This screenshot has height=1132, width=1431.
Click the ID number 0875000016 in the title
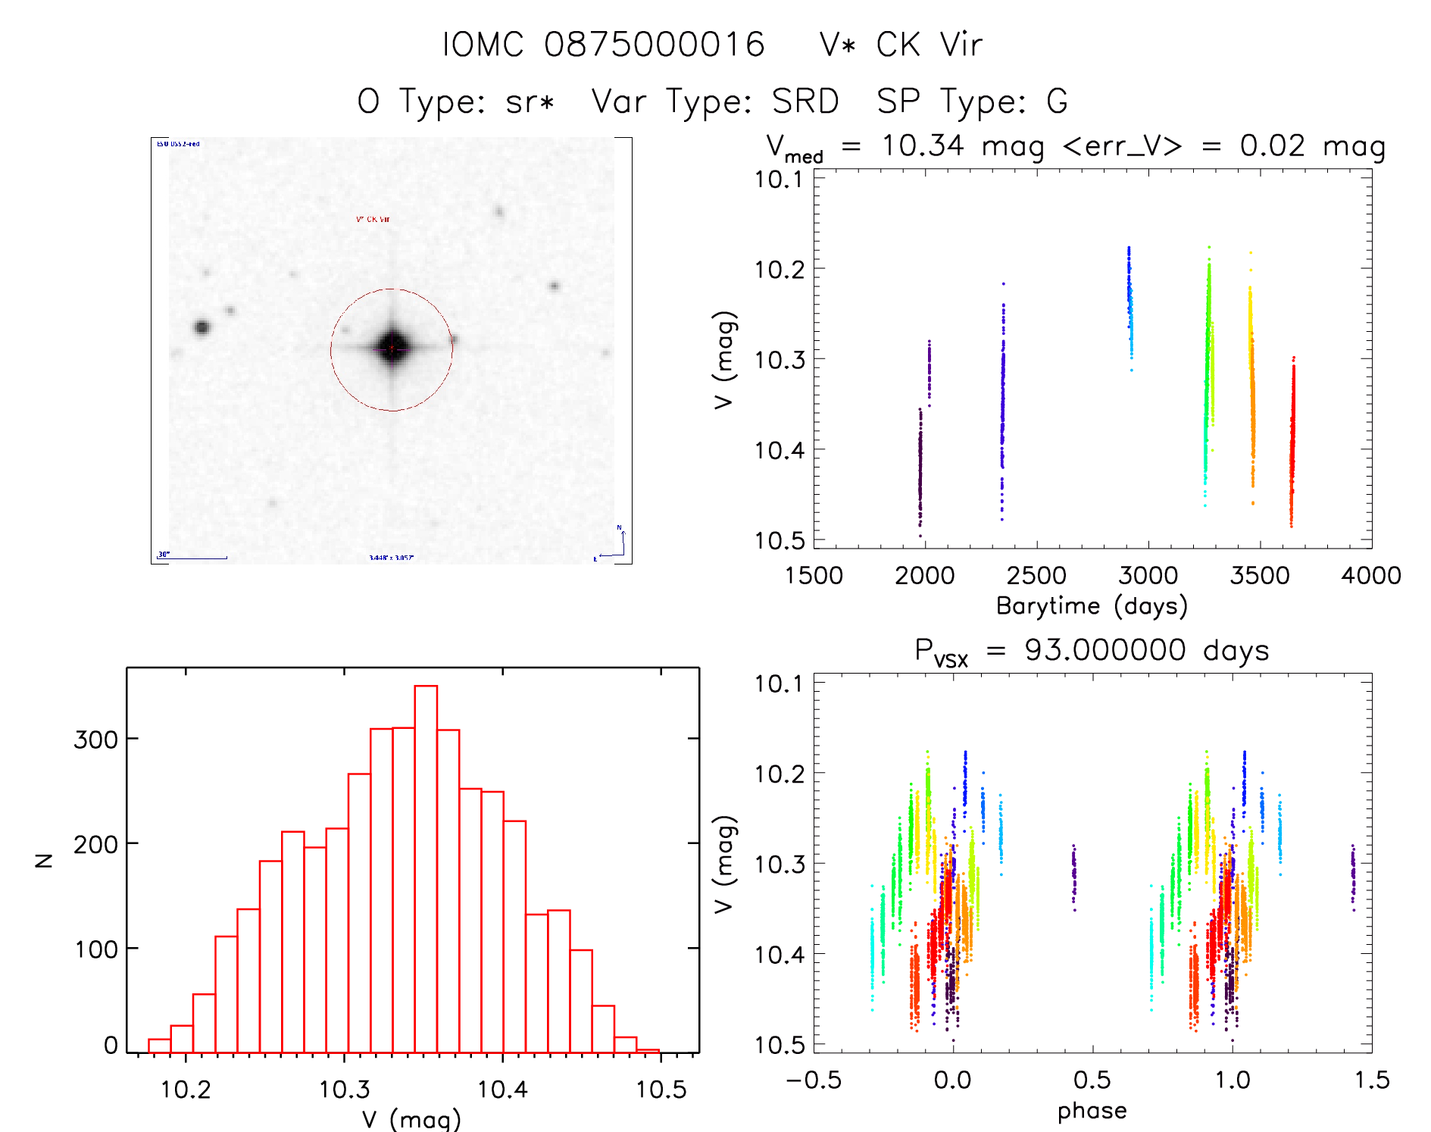pyautogui.click(x=655, y=45)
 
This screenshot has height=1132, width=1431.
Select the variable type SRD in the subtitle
pyautogui.click(x=805, y=102)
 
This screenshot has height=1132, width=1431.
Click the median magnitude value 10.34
pyautogui.click(x=923, y=145)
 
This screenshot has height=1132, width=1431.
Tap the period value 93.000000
pyautogui.click(x=1105, y=650)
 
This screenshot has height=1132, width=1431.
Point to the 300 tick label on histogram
pyautogui.click(x=95, y=740)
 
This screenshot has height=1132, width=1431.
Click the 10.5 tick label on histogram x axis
pyautogui.click(x=661, y=1090)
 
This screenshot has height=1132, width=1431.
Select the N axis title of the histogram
pyautogui.click(x=45, y=860)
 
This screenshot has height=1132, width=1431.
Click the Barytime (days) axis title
pyautogui.click(x=1092, y=606)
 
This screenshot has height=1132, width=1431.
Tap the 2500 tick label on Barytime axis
pyautogui.click(x=1036, y=576)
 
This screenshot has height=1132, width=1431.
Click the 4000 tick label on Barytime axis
pyautogui.click(x=1370, y=576)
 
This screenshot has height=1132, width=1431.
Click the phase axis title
pyautogui.click(x=1092, y=1111)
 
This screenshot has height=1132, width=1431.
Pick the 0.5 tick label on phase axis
pyautogui.click(x=1092, y=1080)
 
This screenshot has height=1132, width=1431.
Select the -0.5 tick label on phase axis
pyautogui.click(x=814, y=1080)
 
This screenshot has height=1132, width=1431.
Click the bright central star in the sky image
pyautogui.click(x=392, y=349)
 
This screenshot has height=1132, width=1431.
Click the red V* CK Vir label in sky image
pyautogui.click(x=373, y=220)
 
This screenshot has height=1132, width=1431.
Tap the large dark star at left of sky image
pyautogui.click(x=202, y=327)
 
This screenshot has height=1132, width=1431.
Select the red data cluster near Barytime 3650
pyautogui.click(x=1292, y=439)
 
